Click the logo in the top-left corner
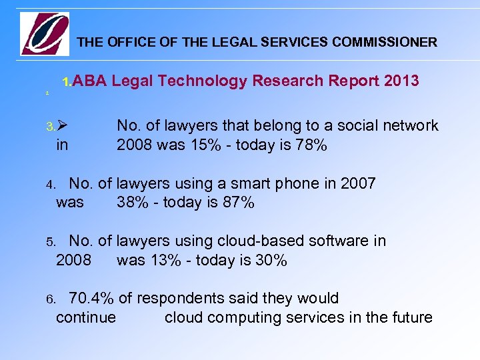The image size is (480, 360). click(x=45, y=34)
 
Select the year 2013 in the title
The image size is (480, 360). click(x=401, y=81)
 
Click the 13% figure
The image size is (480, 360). click(x=171, y=260)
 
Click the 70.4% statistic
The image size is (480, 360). click(x=91, y=298)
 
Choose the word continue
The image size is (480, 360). click(x=86, y=317)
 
